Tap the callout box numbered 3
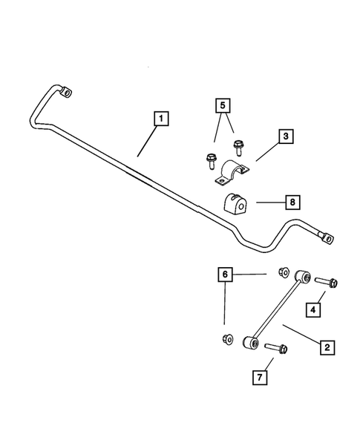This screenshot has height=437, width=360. pos(286,137)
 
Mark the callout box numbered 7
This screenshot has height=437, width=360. pos(259,379)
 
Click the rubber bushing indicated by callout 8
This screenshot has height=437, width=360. pos(235,202)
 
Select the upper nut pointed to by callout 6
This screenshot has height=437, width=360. pos(283,272)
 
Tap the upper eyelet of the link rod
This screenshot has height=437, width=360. pos(302,277)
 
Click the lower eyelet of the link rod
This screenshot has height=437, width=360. pos(251,343)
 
